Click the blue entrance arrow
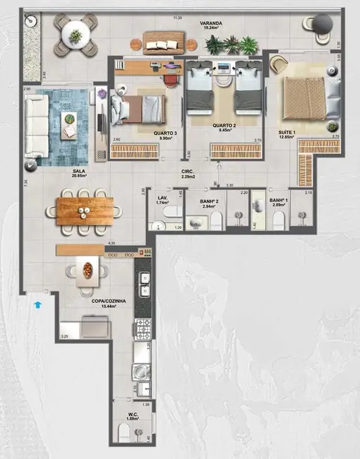37,304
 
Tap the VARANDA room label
210,23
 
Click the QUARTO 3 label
165,133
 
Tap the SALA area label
79,171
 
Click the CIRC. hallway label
187,172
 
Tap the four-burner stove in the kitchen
143,327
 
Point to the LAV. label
162,198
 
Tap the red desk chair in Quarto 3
171,78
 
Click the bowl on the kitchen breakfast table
88,269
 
